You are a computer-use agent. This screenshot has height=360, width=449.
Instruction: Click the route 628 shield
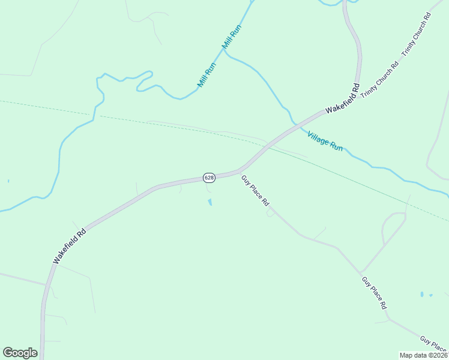click(x=209, y=178)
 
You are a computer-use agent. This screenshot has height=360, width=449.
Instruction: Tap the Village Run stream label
click(x=325, y=140)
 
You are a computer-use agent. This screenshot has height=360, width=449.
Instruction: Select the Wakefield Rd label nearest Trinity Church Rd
click(x=343, y=99)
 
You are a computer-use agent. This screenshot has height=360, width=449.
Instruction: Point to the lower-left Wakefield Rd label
click(x=70, y=245)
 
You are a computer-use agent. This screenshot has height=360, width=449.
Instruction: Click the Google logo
click(x=20, y=353)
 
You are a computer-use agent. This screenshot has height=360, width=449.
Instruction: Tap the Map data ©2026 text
click(x=423, y=355)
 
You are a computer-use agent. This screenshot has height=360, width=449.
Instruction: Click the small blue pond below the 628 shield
click(x=209, y=202)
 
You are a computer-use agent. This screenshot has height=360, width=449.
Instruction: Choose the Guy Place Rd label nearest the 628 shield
click(x=256, y=191)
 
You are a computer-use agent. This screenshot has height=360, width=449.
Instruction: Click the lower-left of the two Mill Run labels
click(x=206, y=75)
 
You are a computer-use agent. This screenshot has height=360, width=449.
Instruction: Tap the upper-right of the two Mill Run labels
click(x=231, y=38)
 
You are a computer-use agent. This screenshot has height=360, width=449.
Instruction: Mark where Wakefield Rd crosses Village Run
click(x=295, y=124)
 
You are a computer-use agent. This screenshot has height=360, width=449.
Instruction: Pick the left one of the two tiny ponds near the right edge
click(x=422, y=295)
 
